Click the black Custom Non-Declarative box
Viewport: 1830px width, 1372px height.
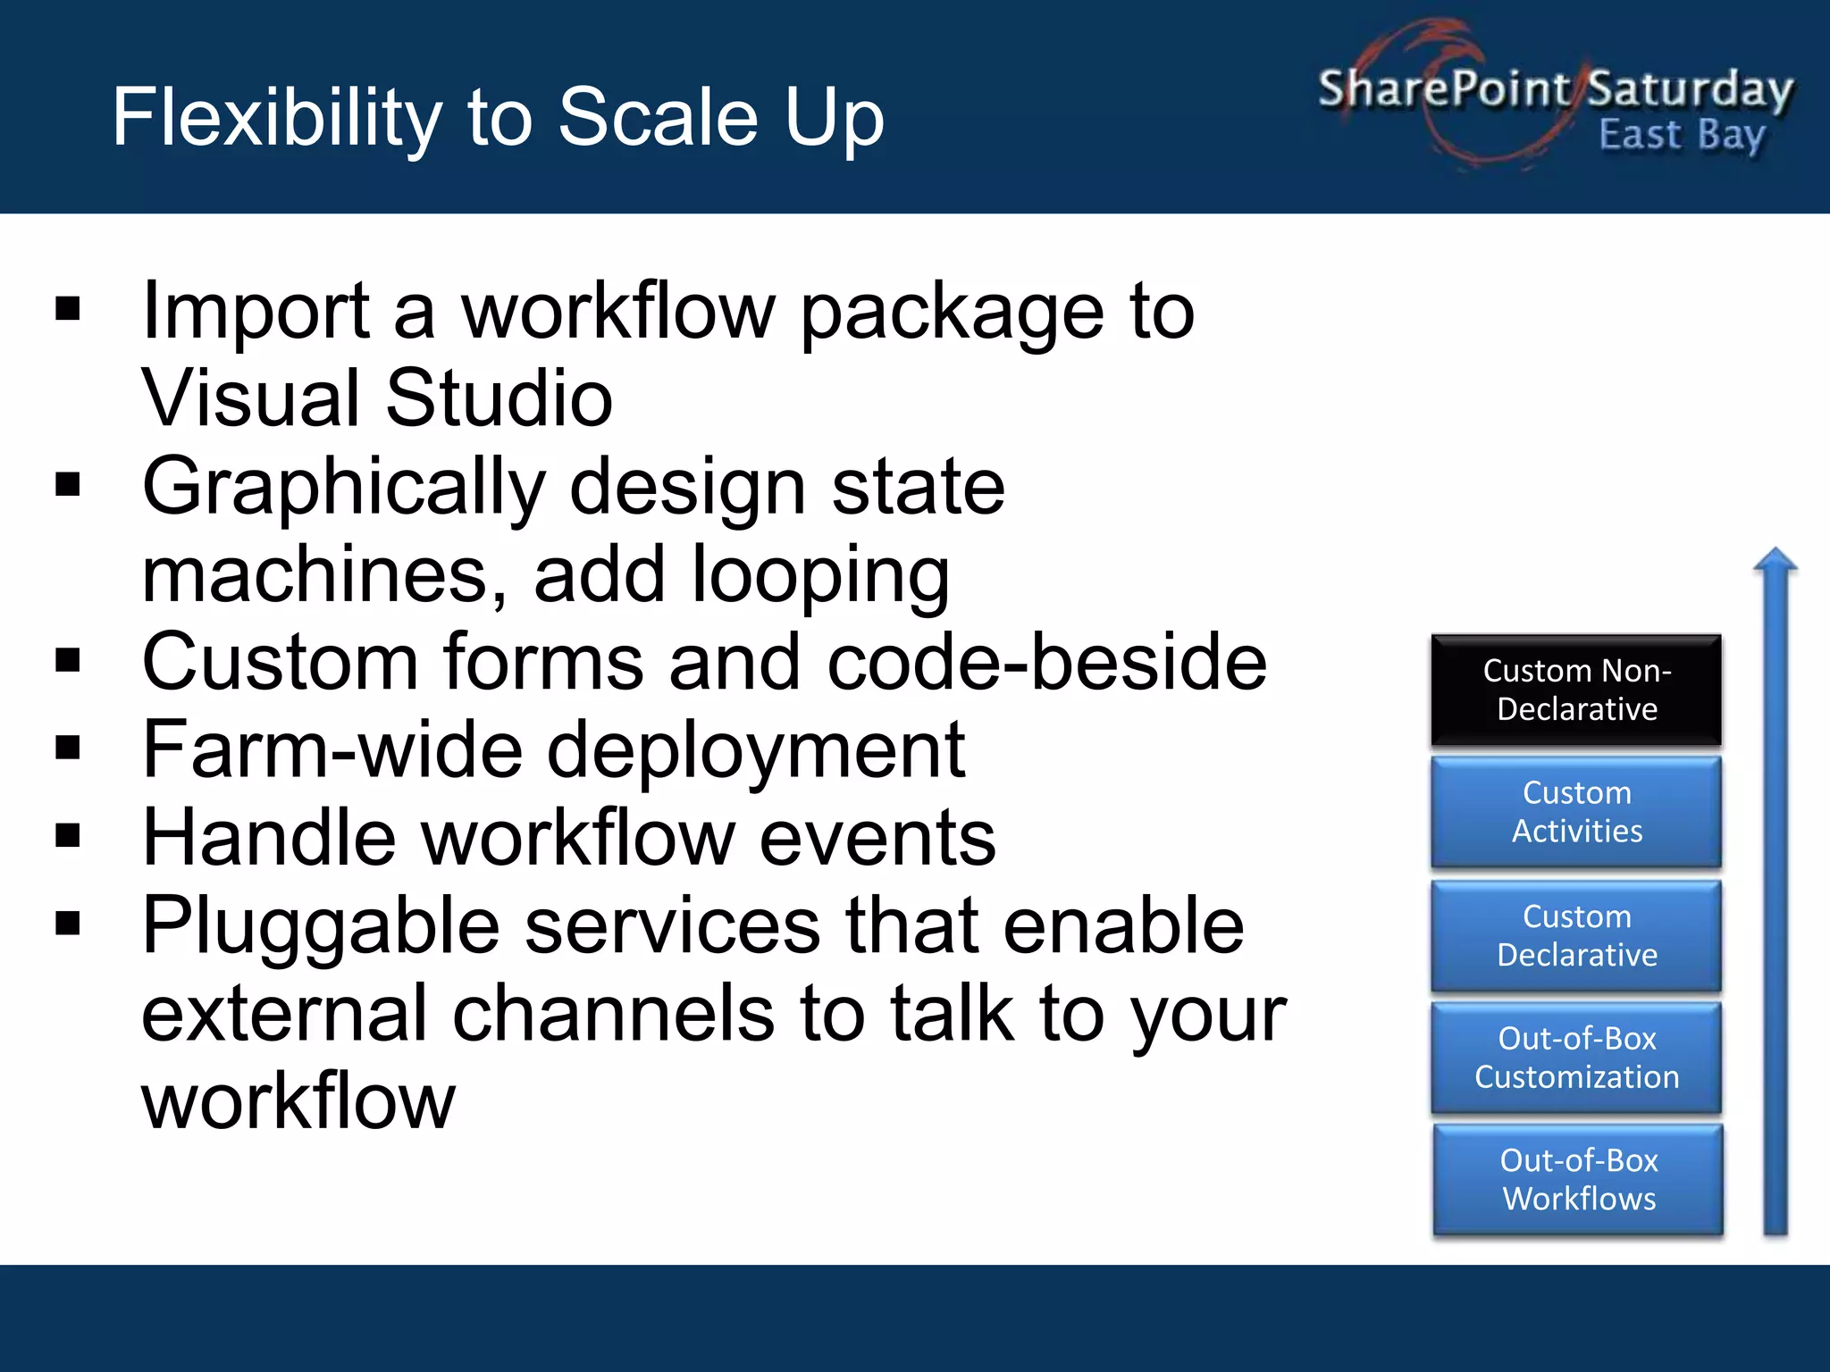1576,690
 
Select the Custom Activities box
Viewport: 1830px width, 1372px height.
1576,812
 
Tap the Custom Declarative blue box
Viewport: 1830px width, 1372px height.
1576,935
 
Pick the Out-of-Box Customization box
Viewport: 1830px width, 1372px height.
1576,1058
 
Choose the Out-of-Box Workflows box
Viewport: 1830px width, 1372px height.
1578,1180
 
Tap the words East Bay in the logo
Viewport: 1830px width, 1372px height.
1682,136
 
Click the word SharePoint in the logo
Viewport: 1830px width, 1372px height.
1443,88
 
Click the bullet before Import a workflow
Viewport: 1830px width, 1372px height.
68,309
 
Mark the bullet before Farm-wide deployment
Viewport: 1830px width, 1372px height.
68,748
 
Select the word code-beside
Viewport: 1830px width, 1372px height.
1046,662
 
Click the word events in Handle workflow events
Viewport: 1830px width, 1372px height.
877,838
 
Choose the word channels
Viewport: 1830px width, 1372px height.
613,1014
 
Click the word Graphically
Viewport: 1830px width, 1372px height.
343,488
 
